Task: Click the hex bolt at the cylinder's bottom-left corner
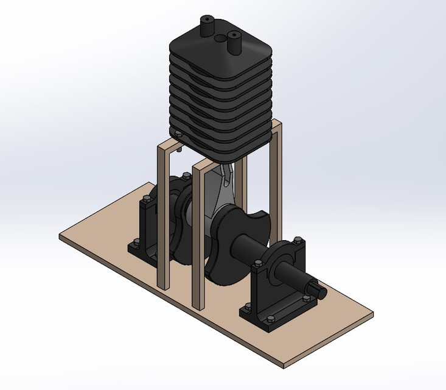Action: click(178, 134)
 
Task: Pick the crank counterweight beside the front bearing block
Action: click(234, 247)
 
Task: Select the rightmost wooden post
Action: click(277, 183)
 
